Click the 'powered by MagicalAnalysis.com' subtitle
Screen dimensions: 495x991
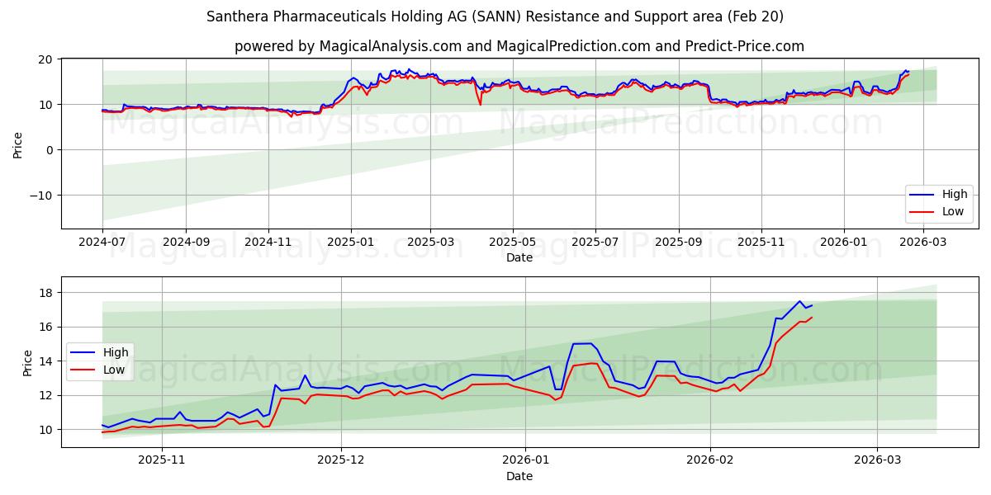[519, 46]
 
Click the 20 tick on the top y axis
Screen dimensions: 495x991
[45, 59]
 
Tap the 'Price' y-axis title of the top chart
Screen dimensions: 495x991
[18, 144]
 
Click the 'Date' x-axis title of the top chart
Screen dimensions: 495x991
[519, 258]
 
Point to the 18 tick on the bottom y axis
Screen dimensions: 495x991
[45, 293]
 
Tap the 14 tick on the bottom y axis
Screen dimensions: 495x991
[45, 361]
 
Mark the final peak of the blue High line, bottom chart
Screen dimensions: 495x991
[799, 301]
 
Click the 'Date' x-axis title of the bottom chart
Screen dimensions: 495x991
[519, 476]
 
